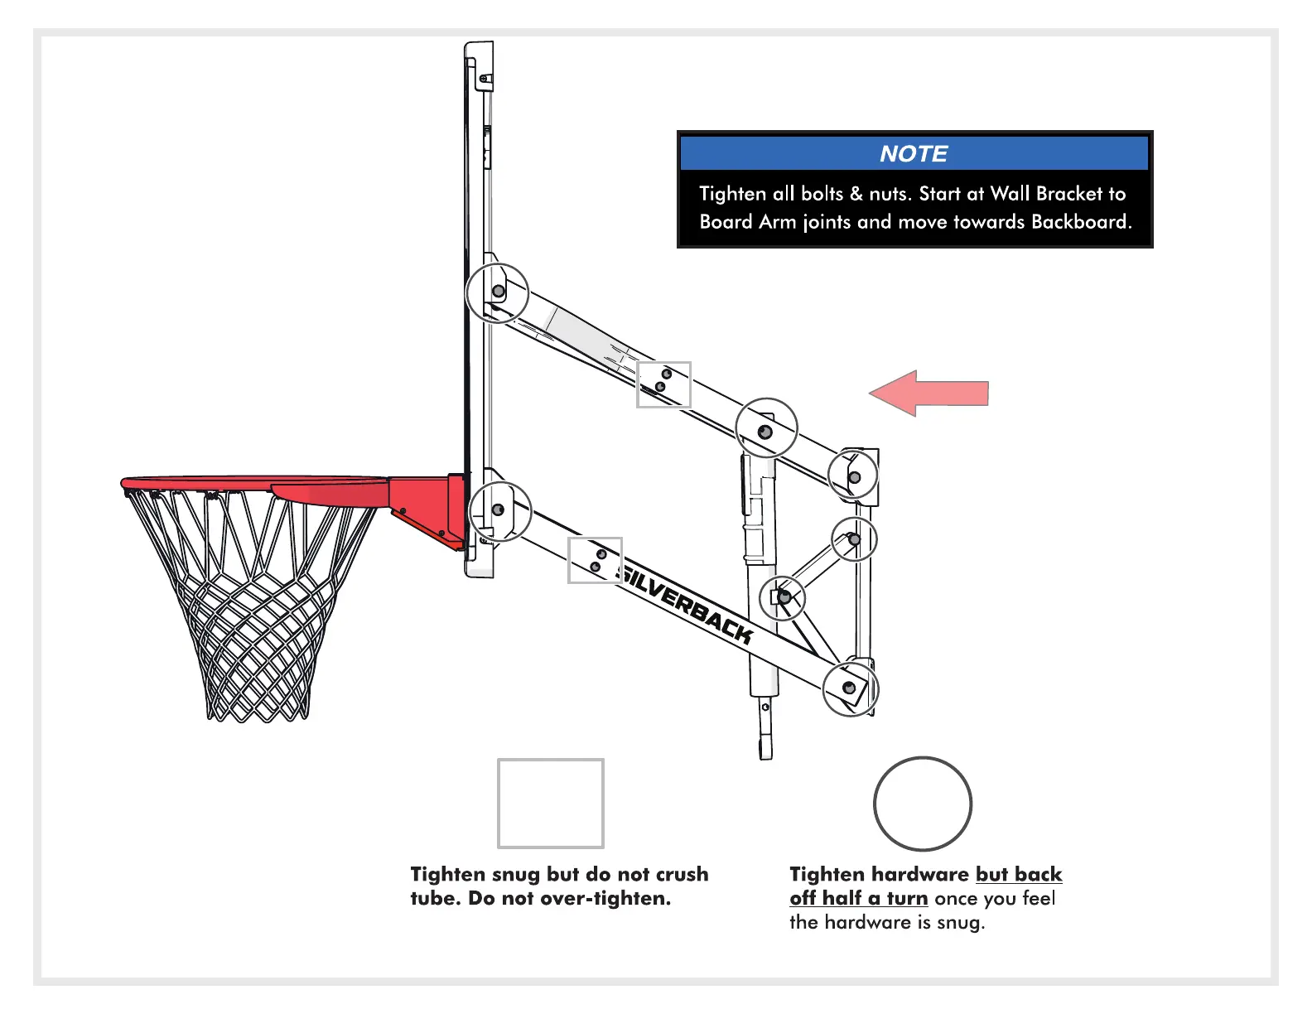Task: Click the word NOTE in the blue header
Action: tap(913, 154)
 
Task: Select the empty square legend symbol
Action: tap(550, 803)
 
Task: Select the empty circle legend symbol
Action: tap(922, 803)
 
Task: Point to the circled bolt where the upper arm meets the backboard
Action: tap(498, 292)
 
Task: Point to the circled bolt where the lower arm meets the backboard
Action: tap(499, 510)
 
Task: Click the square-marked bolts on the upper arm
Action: tap(663, 384)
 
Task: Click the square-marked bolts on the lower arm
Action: tap(595, 560)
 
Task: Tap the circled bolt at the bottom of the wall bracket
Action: tap(850, 688)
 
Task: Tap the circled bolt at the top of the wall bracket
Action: tap(854, 477)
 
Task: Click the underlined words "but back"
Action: tap(1018, 875)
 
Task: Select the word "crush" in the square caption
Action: tap(682, 875)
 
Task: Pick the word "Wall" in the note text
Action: tap(1010, 194)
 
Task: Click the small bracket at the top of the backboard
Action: tap(484, 80)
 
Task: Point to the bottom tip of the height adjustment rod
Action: tap(765, 751)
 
